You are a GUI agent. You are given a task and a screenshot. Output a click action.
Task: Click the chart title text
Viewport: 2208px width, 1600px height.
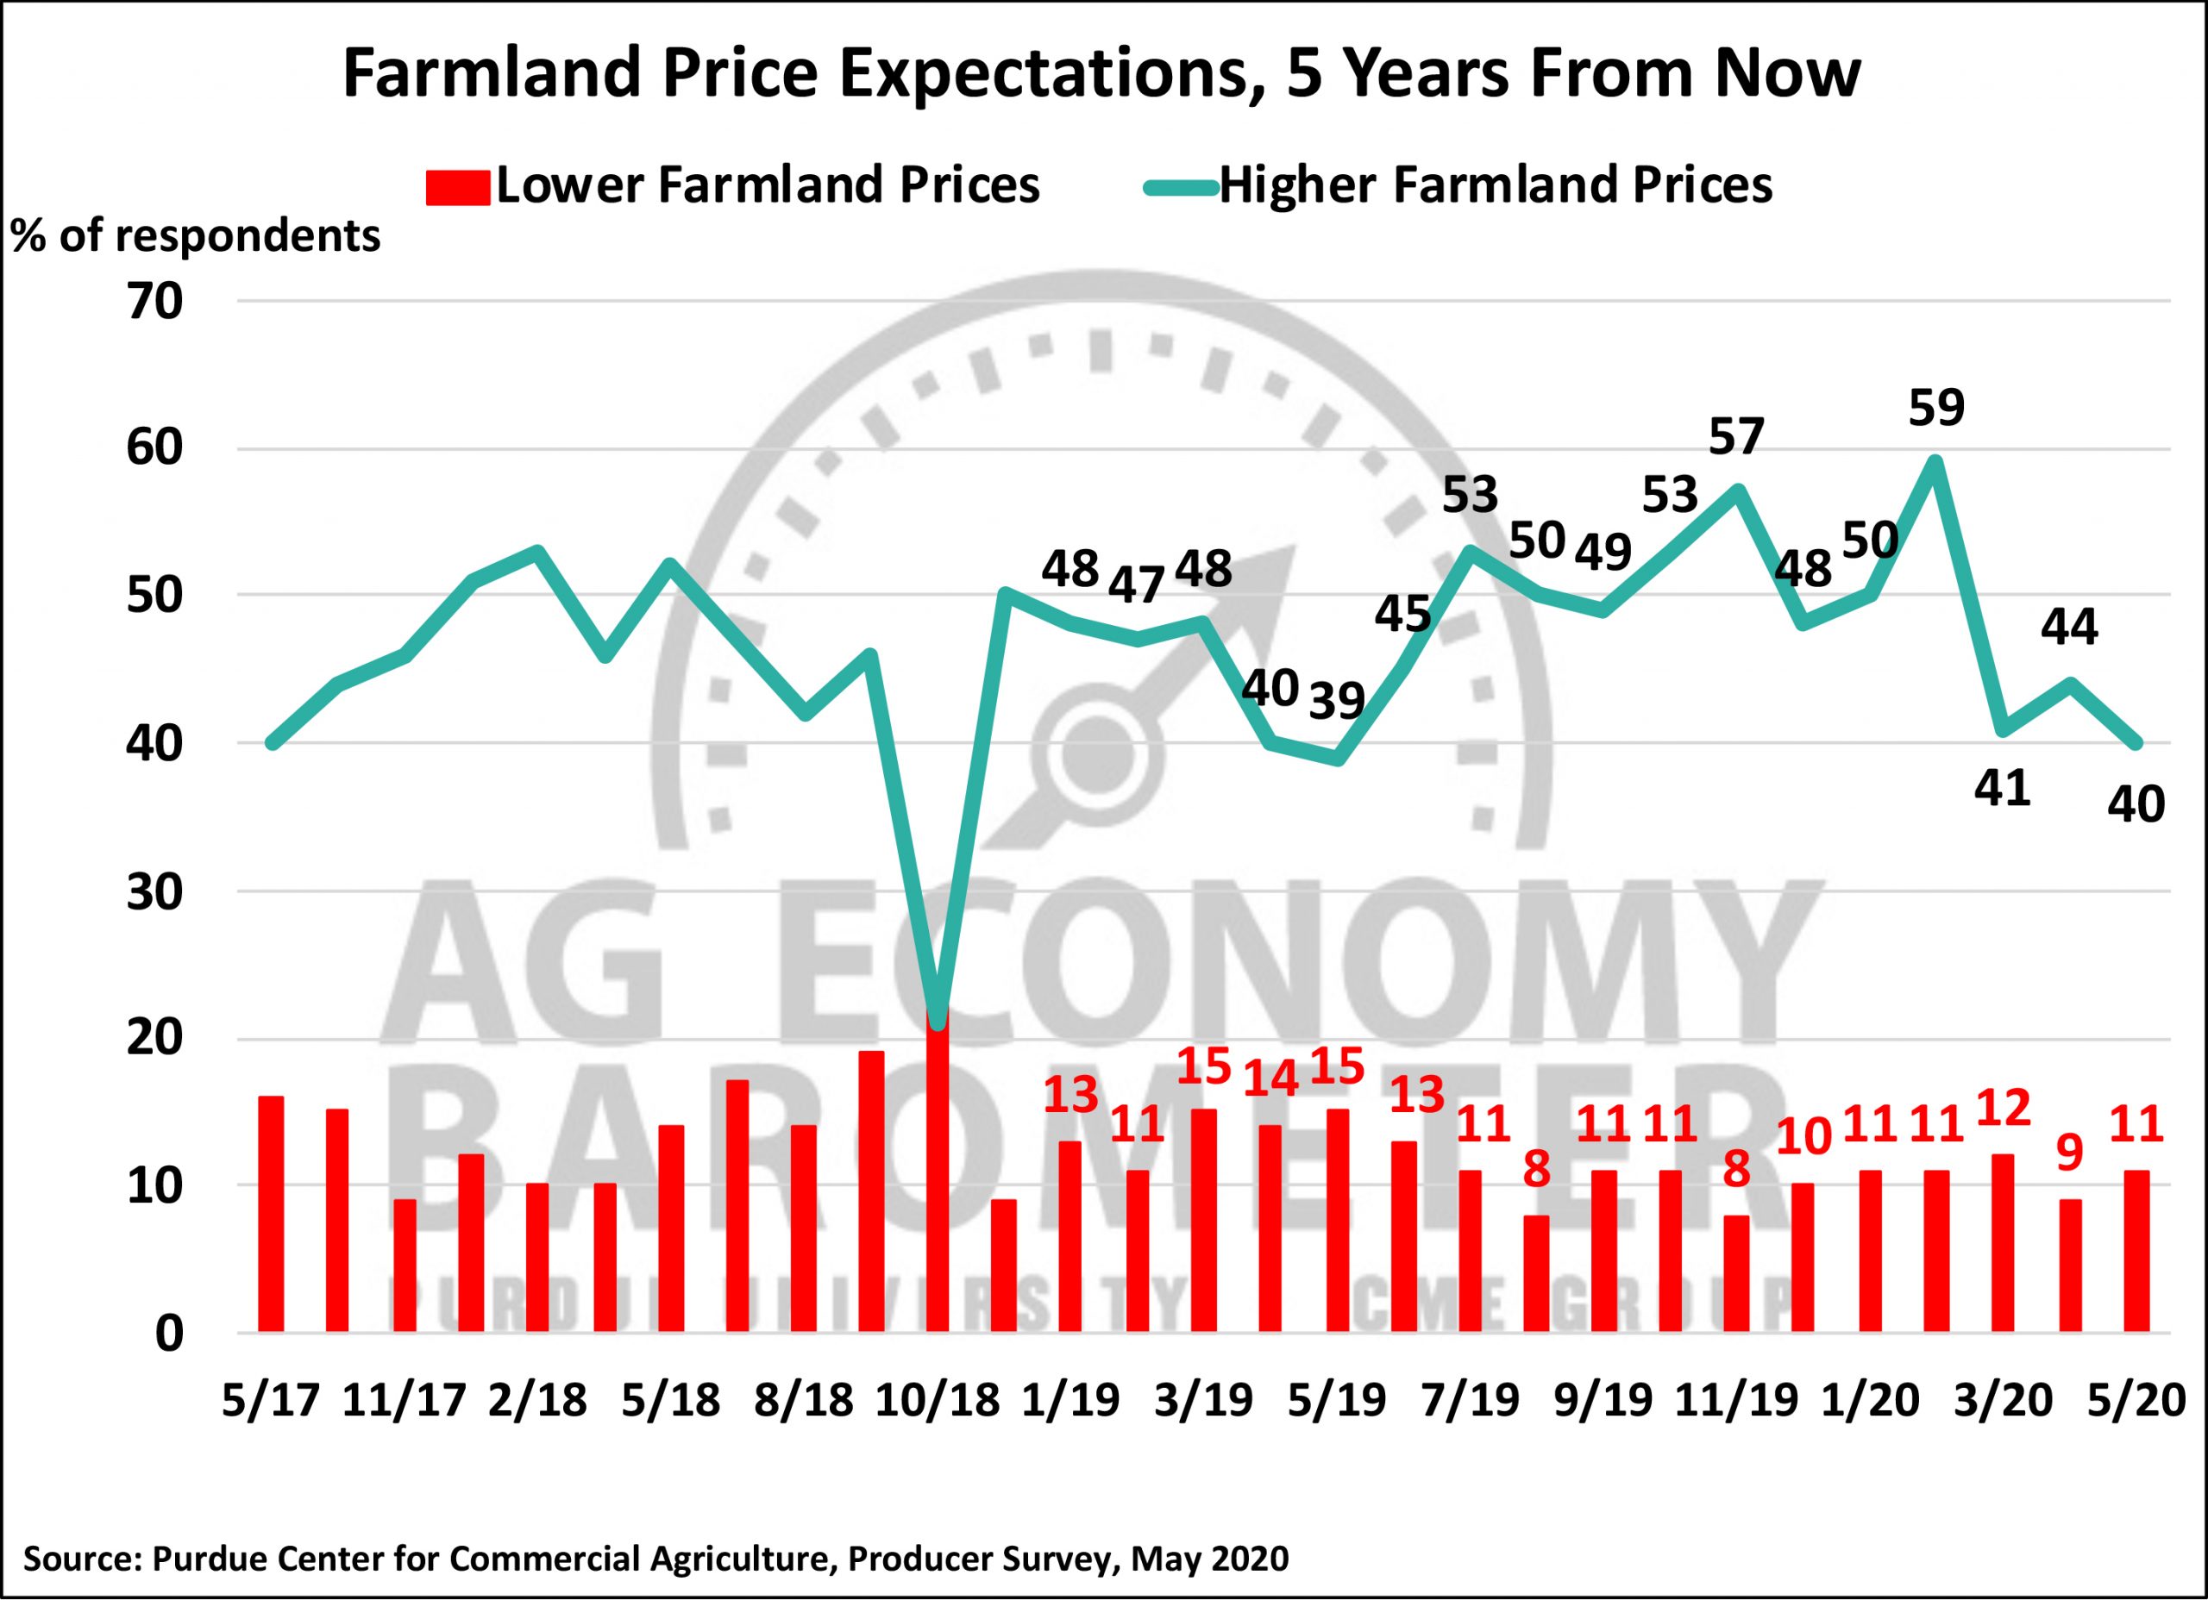1102,75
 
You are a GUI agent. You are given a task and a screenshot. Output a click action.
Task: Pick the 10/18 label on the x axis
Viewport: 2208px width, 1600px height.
938,1402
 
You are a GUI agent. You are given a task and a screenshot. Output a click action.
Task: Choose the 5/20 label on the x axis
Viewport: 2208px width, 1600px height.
2138,1402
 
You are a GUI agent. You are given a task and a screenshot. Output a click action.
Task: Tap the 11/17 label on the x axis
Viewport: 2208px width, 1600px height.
403,1402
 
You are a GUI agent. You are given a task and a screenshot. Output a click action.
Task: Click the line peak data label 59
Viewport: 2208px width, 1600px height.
1936,409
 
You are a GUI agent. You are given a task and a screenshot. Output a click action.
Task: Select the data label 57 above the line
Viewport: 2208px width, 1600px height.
1737,437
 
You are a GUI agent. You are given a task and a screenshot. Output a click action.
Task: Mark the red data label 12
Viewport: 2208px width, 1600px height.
2003,1109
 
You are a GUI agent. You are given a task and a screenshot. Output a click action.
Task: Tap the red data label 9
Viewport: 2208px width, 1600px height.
2069,1153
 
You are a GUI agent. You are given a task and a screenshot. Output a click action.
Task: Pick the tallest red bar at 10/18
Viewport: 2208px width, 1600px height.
938,1168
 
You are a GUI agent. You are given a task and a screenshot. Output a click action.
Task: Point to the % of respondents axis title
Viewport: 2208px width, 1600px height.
196,236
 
